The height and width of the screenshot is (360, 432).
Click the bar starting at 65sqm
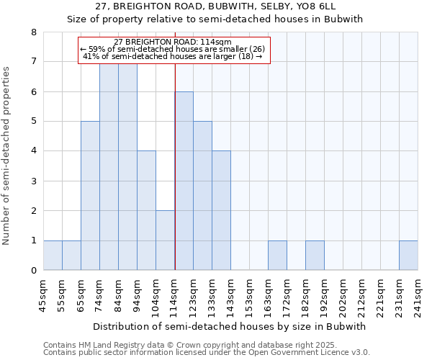pyautogui.click(x=90, y=196)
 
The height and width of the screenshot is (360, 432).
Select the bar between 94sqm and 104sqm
pyautogui.click(x=146, y=210)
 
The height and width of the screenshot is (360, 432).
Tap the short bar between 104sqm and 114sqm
pyautogui.click(x=165, y=240)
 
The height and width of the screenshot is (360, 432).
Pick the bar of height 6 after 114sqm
pyautogui.click(x=184, y=181)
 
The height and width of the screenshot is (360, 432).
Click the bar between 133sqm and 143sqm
pyautogui.click(x=221, y=210)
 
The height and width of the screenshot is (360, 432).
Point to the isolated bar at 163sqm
pyautogui.click(x=277, y=256)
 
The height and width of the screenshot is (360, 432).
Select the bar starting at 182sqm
pyautogui.click(x=315, y=256)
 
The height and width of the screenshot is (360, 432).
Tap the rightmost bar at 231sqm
pyautogui.click(x=408, y=256)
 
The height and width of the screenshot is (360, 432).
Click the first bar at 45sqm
pyautogui.click(x=53, y=256)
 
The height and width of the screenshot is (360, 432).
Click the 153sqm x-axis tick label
pyautogui.click(x=249, y=295)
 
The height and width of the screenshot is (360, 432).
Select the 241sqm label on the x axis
pyautogui.click(x=418, y=295)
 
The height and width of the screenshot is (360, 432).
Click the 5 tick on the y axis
pyautogui.click(x=33, y=122)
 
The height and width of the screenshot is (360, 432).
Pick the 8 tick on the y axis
pyautogui.click(x=33, y=32)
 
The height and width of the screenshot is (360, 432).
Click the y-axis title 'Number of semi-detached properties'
pyautogui.click(x=8, y=156)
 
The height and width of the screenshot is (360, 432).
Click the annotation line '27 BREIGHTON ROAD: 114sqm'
pyautogui.click(x=173, y=42)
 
